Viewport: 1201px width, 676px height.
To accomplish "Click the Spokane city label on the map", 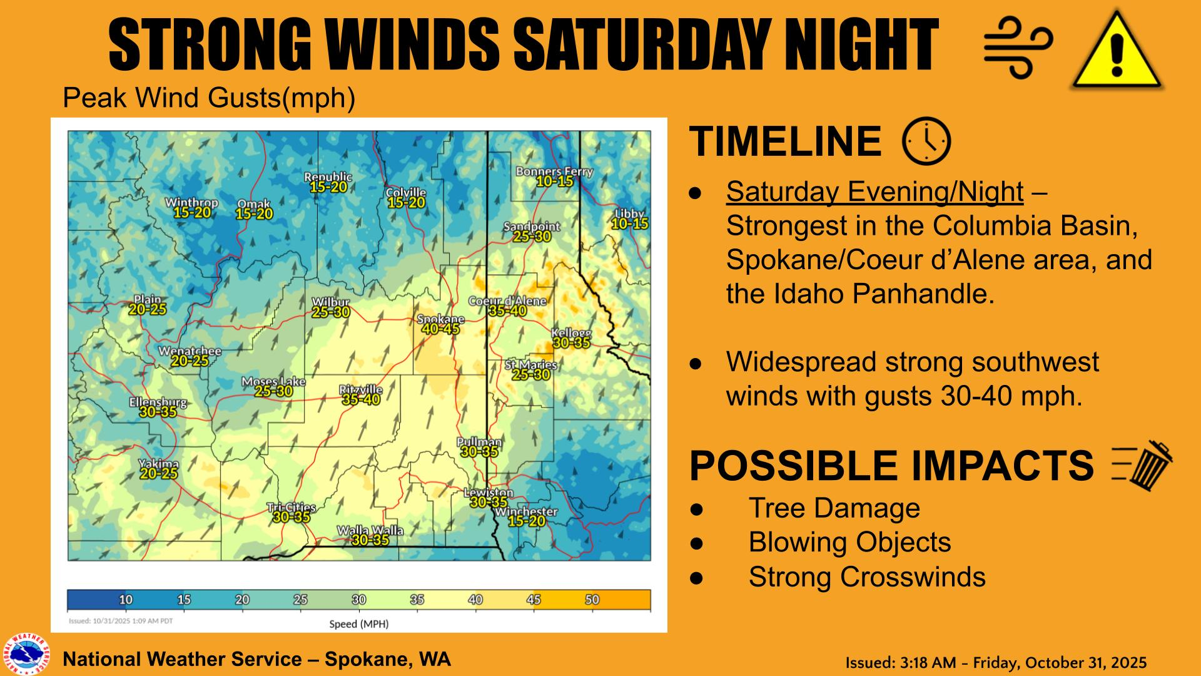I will click(440, 320).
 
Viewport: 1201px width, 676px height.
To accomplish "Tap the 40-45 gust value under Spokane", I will click(440, 329).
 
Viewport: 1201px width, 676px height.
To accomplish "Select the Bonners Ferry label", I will click(554, 172).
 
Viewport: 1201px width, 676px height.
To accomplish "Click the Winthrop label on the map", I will click(191, 203).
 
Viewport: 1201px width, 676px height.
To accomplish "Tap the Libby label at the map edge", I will click(629, 214).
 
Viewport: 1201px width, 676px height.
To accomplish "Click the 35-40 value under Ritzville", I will click(360, 399).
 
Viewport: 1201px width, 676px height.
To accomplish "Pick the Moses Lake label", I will click(273, 382).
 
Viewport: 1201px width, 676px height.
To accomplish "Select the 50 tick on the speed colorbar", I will click(592, 600).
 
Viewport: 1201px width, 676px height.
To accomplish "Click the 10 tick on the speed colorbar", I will click(126, 600).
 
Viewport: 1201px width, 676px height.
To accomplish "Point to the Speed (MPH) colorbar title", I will click(359, 624).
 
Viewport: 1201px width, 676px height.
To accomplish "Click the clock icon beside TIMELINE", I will click(926, 141).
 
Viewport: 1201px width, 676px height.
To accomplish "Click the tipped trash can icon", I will click(1143, 466).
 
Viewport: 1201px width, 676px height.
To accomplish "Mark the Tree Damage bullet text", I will click(834, 508).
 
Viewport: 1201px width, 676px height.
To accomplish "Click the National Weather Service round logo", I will click(26, 655).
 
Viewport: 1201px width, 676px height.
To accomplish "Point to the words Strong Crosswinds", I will click(866, 577).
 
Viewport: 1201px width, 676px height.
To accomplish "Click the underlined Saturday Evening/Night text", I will click(874, 192).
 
